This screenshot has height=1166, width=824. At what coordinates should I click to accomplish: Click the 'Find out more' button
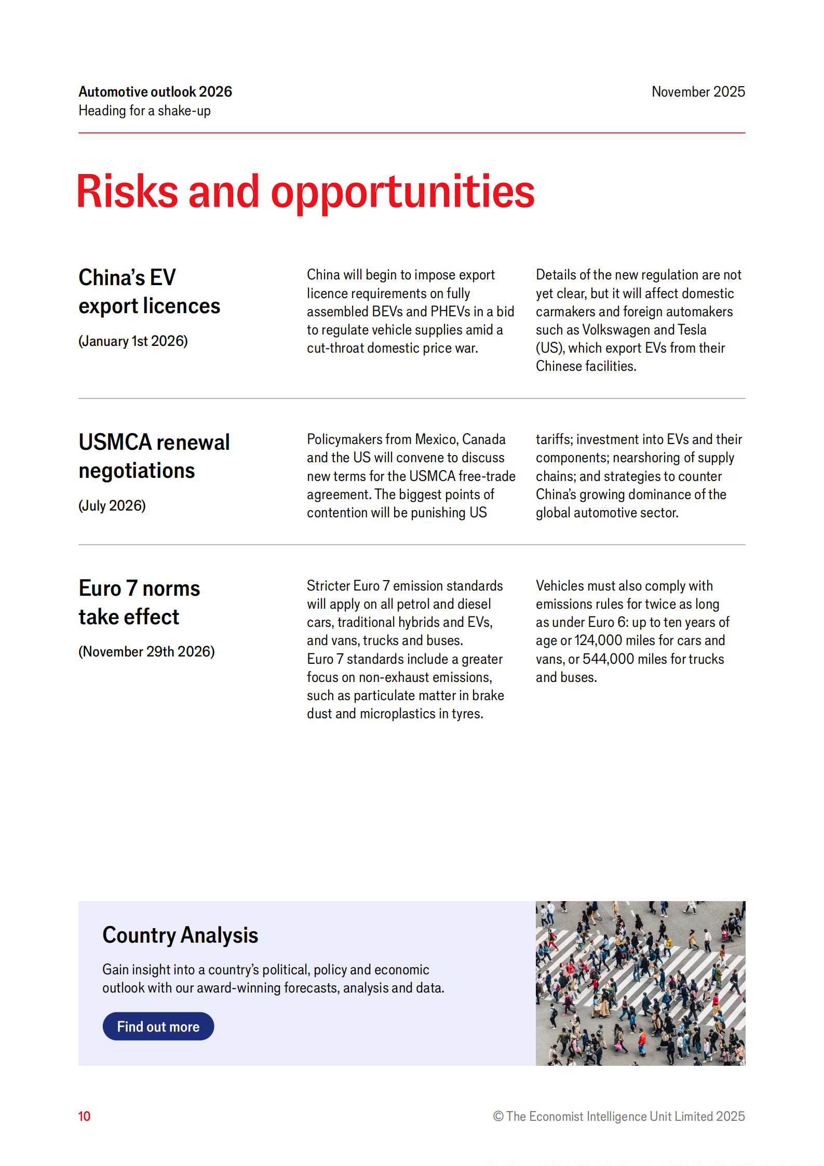coord(158,1026)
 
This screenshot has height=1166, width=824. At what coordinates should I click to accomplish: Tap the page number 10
coord(84,1116)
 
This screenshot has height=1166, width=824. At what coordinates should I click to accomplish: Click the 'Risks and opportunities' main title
coord(305,192)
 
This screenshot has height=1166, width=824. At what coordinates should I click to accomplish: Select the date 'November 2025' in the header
coord(698,92)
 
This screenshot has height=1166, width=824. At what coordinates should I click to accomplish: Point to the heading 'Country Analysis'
coord(180,935)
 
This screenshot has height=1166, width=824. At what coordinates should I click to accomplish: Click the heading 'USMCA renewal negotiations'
coord(154,456)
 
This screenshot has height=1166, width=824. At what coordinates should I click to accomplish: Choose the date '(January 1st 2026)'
coord(133,341)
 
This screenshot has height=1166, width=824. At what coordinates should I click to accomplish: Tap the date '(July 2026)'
coord(112,505)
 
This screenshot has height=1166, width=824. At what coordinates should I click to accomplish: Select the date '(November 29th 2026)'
coord(146,651)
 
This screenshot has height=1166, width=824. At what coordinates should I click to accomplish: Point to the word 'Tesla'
coord(692,330)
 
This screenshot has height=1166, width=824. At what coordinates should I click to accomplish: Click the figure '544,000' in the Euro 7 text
coord(608,659)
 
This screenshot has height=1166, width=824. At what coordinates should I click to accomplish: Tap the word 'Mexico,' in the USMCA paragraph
coord(437,439)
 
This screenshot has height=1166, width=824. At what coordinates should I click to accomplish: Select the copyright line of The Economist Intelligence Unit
coord(618,1116)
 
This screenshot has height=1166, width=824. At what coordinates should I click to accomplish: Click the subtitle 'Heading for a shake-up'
coord(144,111)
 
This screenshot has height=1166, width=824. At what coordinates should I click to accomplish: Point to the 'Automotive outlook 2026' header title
coord(155,92)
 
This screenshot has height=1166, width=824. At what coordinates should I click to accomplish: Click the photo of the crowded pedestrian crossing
coord(640,983)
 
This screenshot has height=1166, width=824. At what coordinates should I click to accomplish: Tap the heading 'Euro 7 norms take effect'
coord(139,602)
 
